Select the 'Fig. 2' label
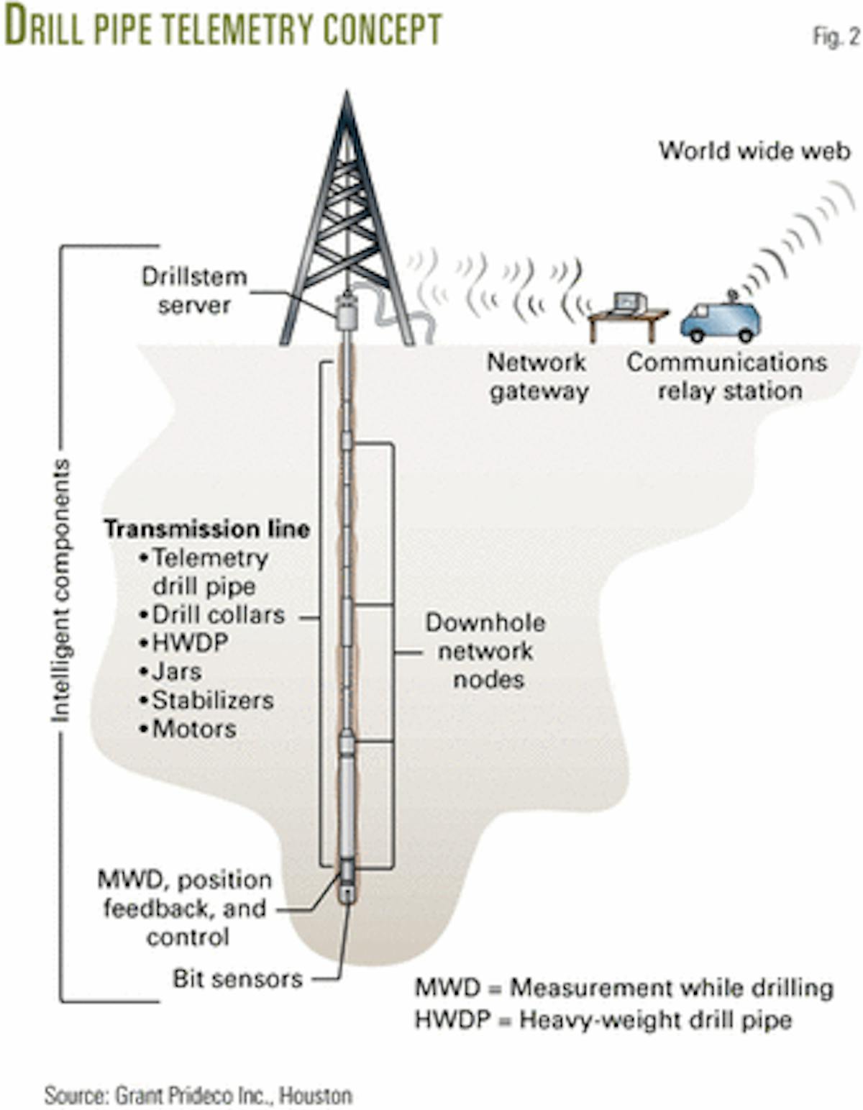tap(835, 37)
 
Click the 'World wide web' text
tap(754, 151)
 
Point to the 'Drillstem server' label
tap(194, 291)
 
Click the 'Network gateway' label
tap(538, 376)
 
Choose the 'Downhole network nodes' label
tap(486, 651)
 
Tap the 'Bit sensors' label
tap(237, 978)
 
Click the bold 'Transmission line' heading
tap(207, 529)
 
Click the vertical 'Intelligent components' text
tap(61, 590)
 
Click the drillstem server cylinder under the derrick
tap(347, 314)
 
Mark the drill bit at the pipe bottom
tap(347, 893)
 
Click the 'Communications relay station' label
tap(727, 376)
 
